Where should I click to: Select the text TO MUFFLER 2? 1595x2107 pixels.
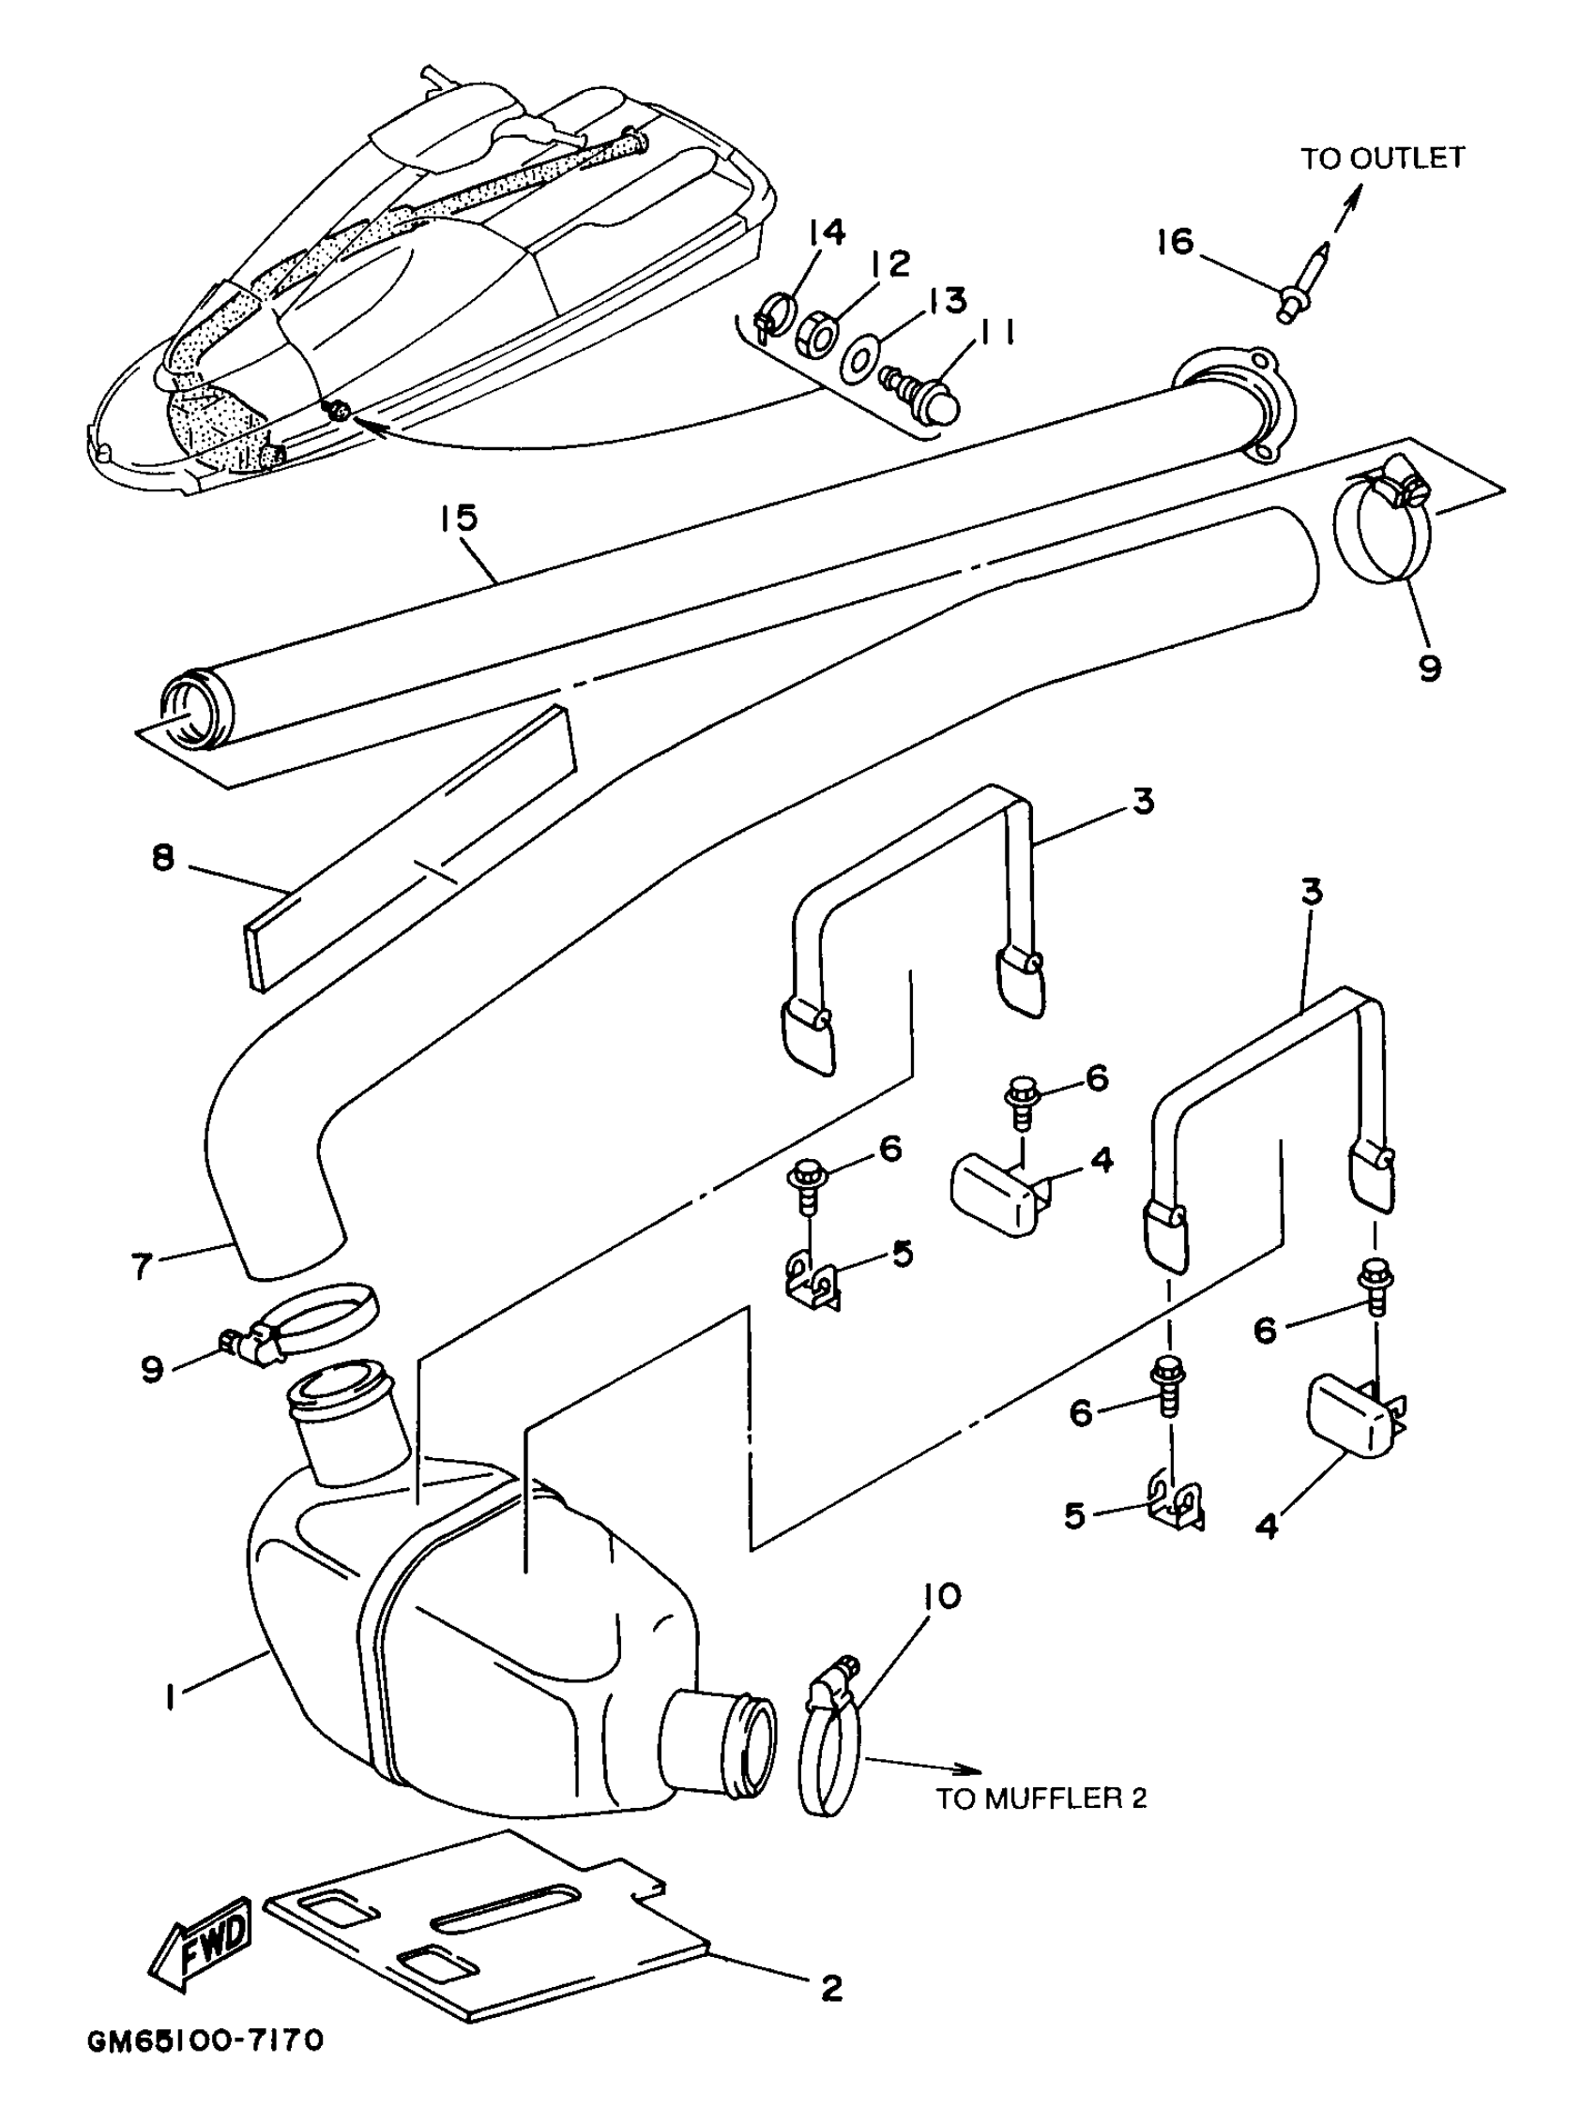point(1041,1798)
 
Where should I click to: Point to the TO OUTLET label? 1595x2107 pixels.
point(1382,158)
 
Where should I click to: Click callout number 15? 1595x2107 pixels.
point(458,520)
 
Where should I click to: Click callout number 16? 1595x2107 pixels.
point(1176,242)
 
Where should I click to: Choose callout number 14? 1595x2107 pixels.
point(827,233)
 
